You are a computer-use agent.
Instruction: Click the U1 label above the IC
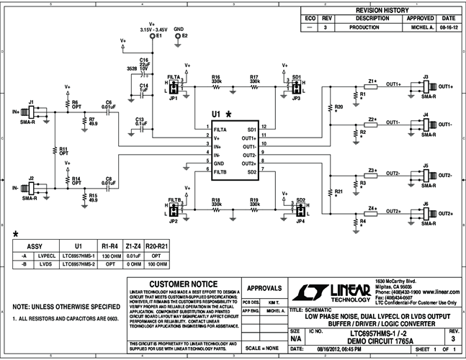point(215,114)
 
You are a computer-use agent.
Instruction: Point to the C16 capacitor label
point(144,60)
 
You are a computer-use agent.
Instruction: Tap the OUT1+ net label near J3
point(394,84)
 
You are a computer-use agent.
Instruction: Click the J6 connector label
point(426,204)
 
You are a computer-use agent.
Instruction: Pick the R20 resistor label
point(339,107)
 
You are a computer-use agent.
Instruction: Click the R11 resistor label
point(63,149)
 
